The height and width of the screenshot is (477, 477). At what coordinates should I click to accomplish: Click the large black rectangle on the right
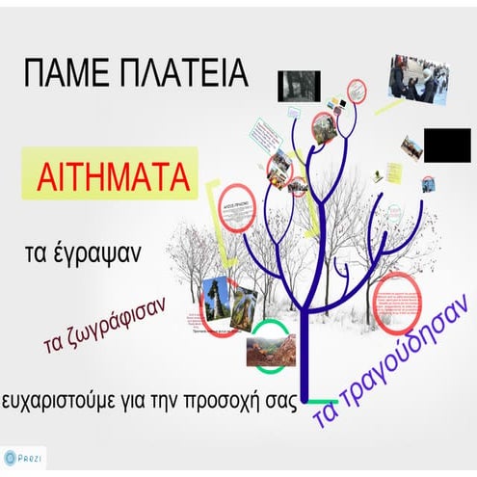(x=446, y=145)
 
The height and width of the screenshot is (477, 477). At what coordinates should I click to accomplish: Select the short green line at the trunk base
(x=317, y=399)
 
